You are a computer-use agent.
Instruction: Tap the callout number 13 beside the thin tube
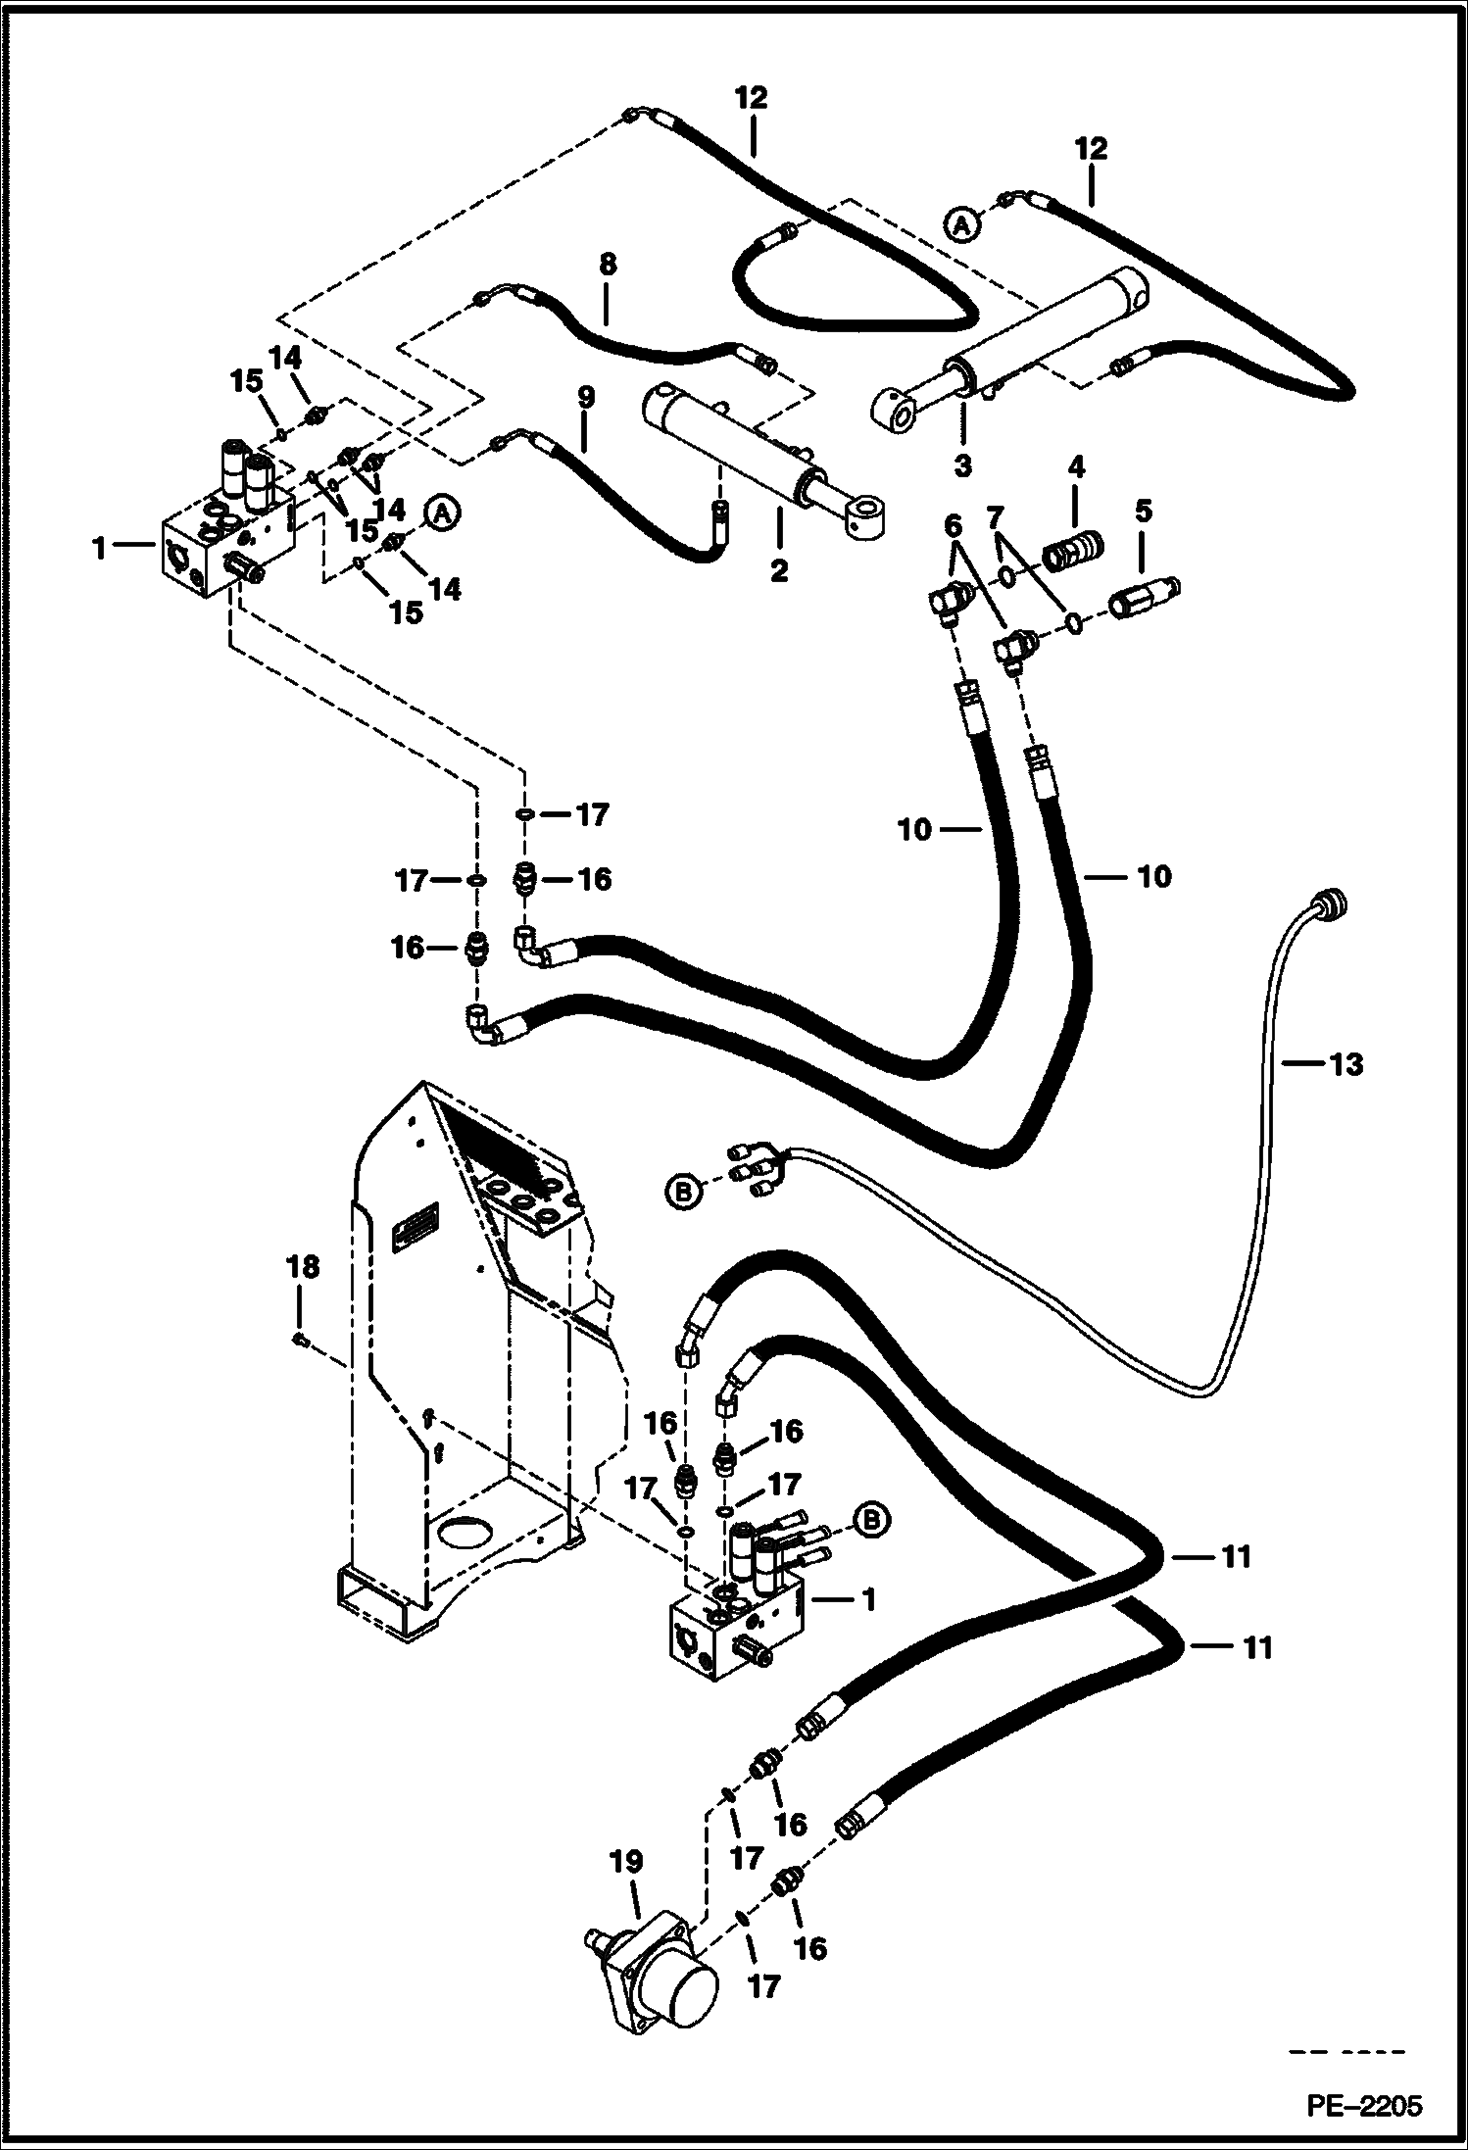pyautogui.click(x=1346, y=1063)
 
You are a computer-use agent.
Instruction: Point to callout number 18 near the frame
pyautogui.click(x=302, y=1267)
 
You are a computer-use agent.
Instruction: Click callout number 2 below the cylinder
pyautogui.click(x=778, y=571)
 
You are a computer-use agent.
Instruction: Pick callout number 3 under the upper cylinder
pyautogui.click(x=962, y=465)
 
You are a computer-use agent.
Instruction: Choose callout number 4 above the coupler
pyautogui.click(x=1075, y=466)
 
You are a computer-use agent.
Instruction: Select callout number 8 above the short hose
pyautogui.click(x=607, y=264)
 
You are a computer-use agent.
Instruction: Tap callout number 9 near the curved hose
pyautogui.click(x=585, y=398)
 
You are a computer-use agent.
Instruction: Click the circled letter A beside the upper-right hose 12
pyautogui.click(x=962, y=225)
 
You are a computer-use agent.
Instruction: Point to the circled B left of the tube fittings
pyautogui.click(x=683, y=1192)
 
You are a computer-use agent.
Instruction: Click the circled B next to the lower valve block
pyautogui.click(x=871, y=1519)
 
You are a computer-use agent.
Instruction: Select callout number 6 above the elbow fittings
pyautogui.click(x=952, y=526)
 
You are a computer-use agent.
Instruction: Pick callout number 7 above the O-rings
pyautogui.click(x=996, y=516)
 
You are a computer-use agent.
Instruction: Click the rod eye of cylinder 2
pyautogui.click(x=866, y=514)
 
